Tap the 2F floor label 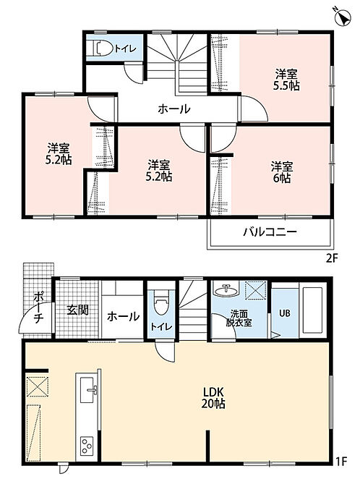coord(332,258)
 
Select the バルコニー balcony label coord(270,232)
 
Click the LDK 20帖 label coord(213,397)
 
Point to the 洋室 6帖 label coord(281,172)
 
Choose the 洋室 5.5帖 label coord(286,80)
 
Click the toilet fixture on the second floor coord(103,48)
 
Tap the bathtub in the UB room coord(311,310)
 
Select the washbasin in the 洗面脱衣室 coord(226,290)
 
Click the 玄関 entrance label coord(78,310)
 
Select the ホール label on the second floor coord(174,109)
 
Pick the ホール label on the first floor coord(123,316)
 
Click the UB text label coord(284,313)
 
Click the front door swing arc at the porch coord(34,316)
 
